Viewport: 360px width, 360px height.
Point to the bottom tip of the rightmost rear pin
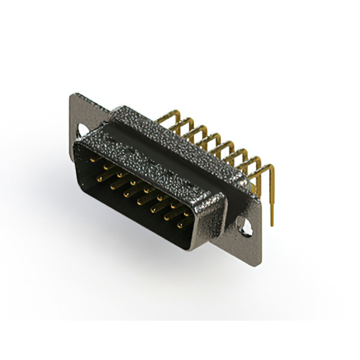pyautogui.click(x=272, y=224)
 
